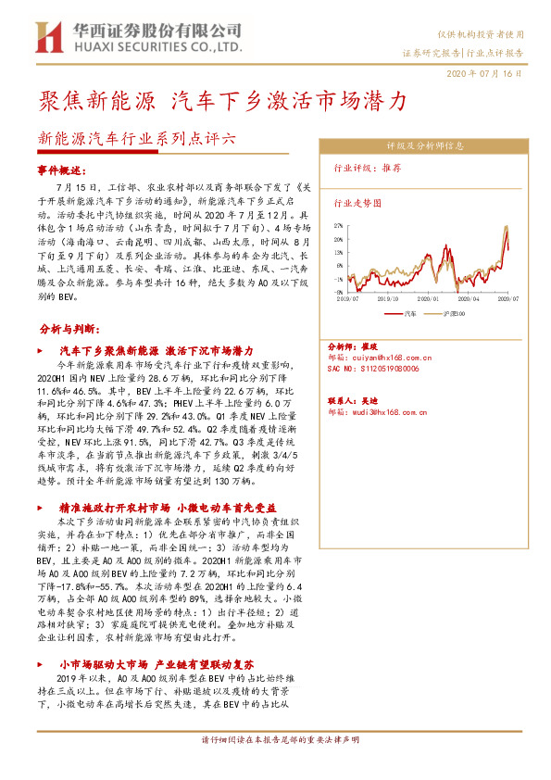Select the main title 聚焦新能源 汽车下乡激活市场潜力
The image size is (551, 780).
221,99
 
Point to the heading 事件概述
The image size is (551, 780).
62,170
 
